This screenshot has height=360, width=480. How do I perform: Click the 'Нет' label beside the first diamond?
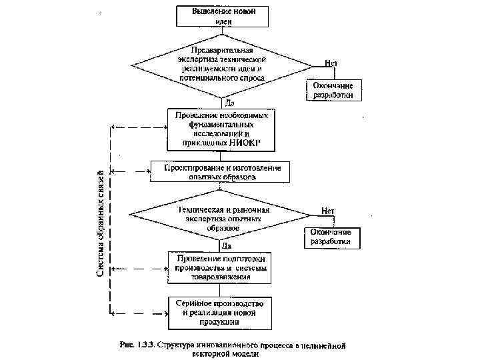click(331, 63)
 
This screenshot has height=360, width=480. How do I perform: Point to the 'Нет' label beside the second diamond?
click(328, 210)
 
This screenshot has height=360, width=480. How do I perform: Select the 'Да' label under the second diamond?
click(226, 246)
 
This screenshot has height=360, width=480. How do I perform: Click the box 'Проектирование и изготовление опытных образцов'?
click(221, 172)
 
